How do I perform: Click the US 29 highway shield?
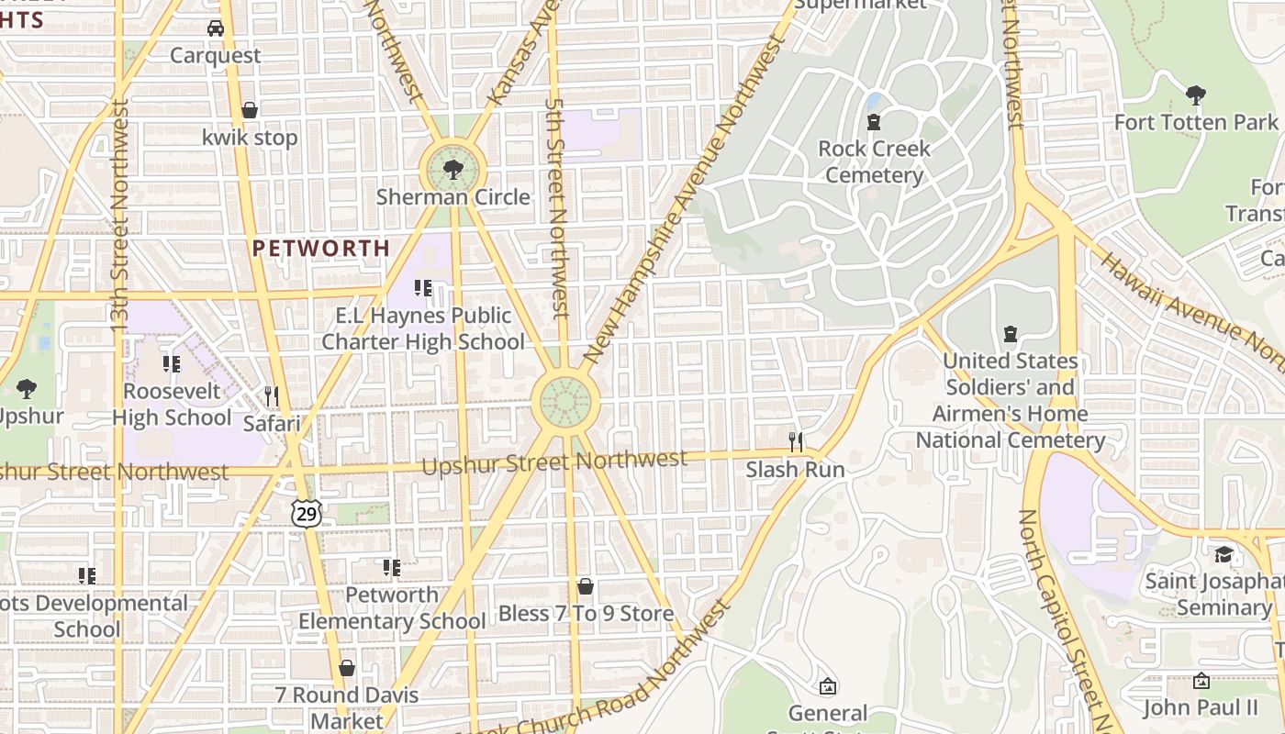pos(307,514)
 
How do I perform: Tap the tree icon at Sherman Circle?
pos(452,170)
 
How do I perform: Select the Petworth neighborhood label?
pos(321,248)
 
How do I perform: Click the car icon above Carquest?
pos(216,28)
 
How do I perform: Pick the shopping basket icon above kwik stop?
pos(249,111)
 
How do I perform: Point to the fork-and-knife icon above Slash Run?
pos(796,442)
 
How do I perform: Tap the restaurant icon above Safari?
pos(271,396)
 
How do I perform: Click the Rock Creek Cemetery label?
pos(874,161)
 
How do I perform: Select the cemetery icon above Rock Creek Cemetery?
pos(874,121)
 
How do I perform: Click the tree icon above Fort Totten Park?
pos(1195,95)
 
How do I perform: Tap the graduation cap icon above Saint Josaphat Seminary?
pos(1224,554)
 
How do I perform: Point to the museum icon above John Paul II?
pos(1201,681)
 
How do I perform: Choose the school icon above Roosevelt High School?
pos(172,364)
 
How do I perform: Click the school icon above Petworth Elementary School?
pos(392,568)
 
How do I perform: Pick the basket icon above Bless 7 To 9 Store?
pos(586,586)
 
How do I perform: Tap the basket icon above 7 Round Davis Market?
pos(347,668)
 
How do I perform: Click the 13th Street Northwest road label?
pos(119,216)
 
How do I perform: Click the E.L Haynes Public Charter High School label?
pos(423,328)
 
